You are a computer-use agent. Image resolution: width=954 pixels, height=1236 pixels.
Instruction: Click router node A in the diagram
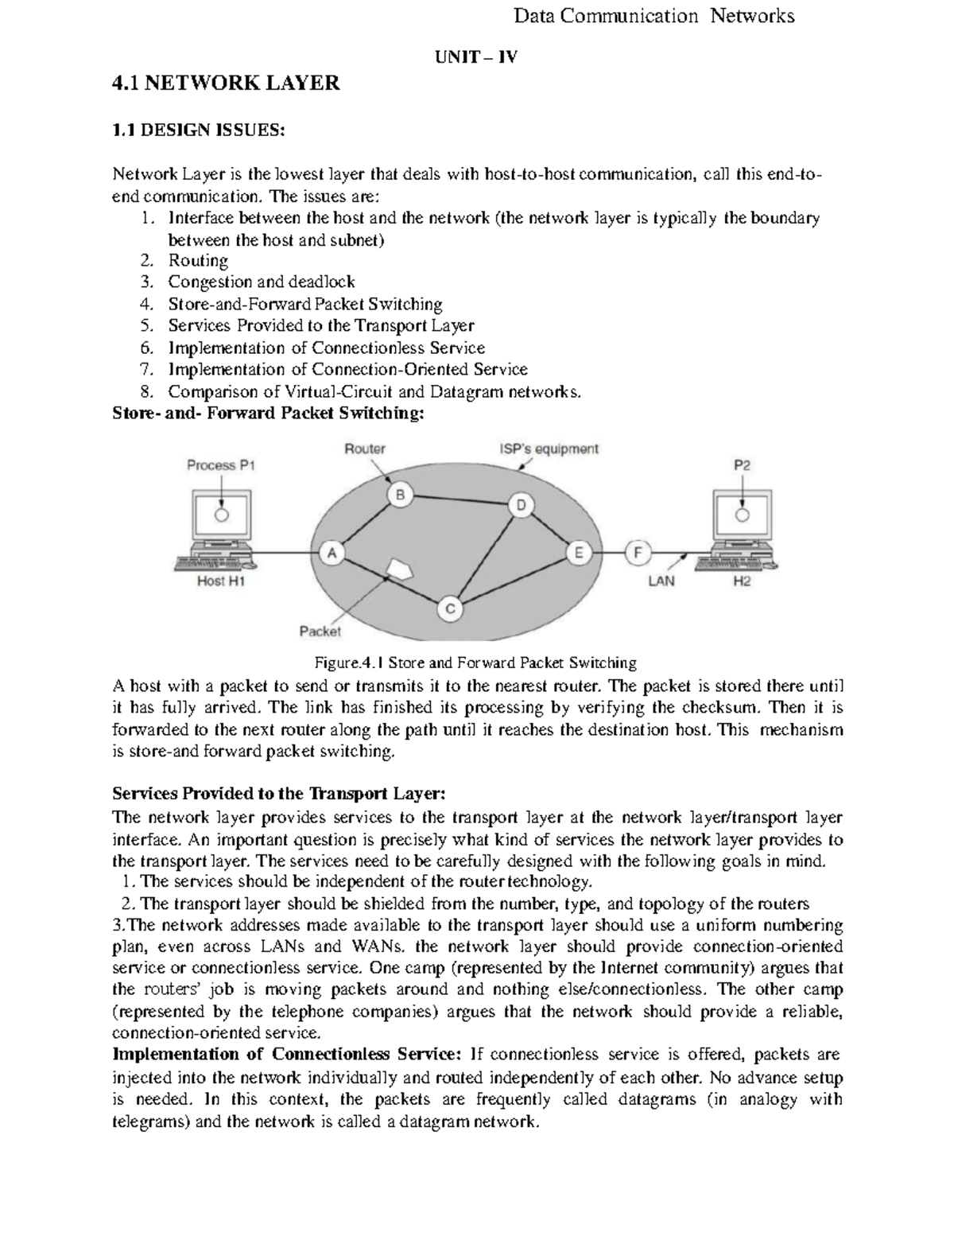pyautogui.click(x=332, y=554)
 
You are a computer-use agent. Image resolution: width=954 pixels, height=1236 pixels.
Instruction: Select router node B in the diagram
pyautogui.click(x=400, y=496)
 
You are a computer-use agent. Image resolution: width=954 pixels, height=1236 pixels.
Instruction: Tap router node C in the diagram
pyautogui.click(x=449, y=610)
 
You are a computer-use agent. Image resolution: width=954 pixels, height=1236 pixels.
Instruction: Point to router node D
pyautogui.click(x=521, y=505)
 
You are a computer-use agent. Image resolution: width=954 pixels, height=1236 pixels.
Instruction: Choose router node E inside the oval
pyautogui.click(x=578, y=553)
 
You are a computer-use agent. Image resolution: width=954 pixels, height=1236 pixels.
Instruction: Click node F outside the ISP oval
pyautogui.click(x=638, y=553)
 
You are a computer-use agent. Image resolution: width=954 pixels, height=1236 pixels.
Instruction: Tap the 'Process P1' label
pyautogui.click(x=221, y=465)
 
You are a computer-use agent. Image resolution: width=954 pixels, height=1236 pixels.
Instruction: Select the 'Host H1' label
pyautogui.click(x=222, y=581)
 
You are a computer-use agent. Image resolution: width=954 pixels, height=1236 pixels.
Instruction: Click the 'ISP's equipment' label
pyautogui.click(x=549, y=449)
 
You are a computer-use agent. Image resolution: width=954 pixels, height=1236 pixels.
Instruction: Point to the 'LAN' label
pyautogui.click(x=661, y=581)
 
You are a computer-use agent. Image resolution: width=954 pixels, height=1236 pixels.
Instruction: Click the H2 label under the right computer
pyautogui.click(x=741, y=581)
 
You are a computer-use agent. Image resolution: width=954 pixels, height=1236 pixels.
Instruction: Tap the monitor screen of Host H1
pyautogui.click(x=223, y=515)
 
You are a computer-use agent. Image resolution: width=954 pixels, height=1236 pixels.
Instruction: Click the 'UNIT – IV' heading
pyautogui.click(x=475, y=56)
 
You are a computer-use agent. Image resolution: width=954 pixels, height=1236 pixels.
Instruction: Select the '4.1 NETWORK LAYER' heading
pyautogui.click(x=226, y=83)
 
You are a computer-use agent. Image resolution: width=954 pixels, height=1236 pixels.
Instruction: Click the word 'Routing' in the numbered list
pyautogui.click(x=198, y=261)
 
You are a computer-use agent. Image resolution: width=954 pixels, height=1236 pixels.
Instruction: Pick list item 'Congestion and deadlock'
pyautogui.click(x=261, y=282)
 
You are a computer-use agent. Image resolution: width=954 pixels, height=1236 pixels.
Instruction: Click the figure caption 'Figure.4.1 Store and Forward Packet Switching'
pyautogui.click(x=475, y=663)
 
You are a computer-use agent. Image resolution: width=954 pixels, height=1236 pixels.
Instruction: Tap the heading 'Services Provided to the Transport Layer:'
pyautogui.click(x=280, y=794)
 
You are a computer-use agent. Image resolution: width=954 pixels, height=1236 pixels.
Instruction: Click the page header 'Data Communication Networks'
pyautogui.click(x=653, y=16)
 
